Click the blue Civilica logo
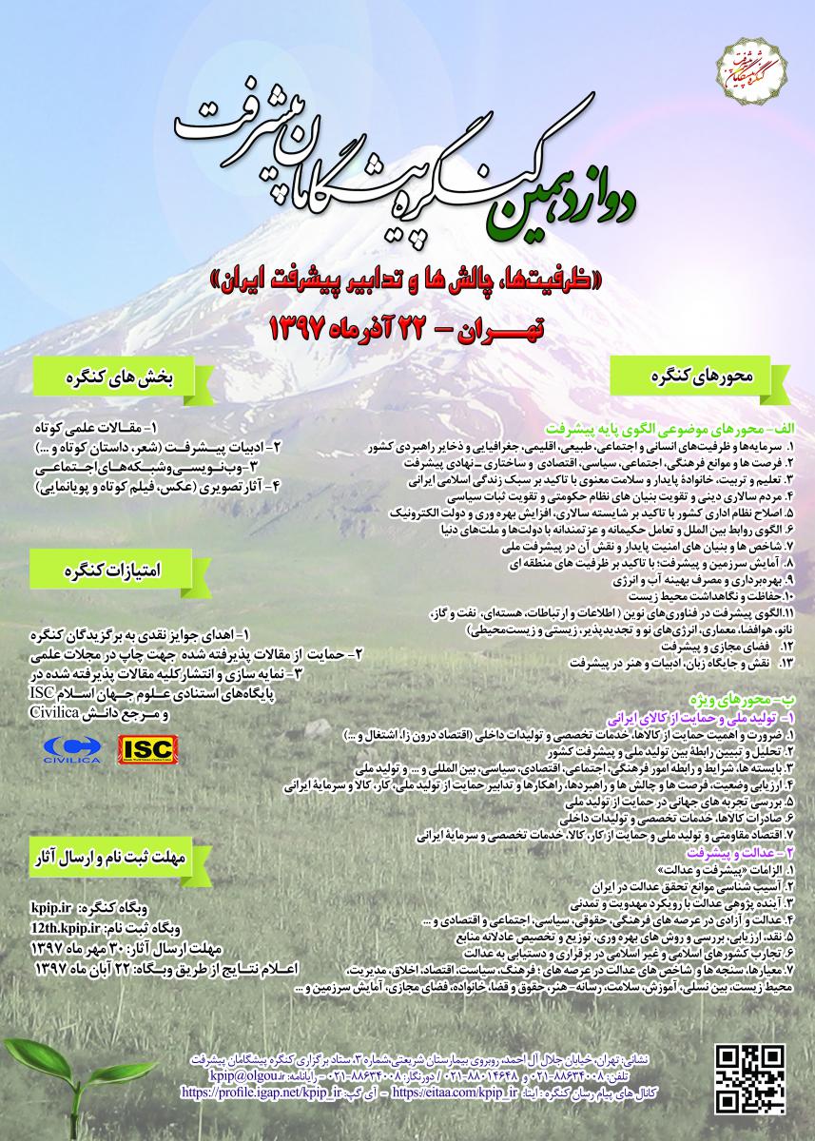click(71, 749)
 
